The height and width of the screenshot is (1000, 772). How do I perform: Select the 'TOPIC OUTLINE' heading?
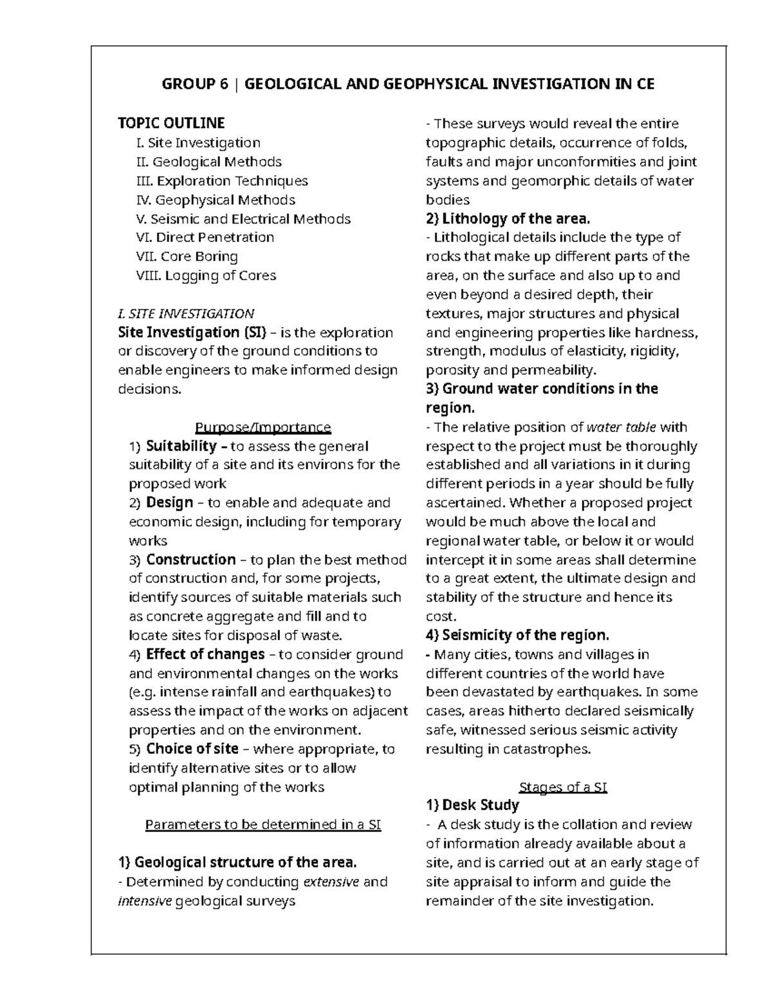tap(171, 123)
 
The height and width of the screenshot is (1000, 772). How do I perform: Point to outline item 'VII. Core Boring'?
tap(187, 256)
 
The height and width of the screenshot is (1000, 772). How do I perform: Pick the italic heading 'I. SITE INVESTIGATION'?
tap(186, 314)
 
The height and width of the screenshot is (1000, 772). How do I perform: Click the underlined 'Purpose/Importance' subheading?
tap(262, 427)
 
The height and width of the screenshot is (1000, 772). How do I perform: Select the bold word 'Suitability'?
tap(181, 446)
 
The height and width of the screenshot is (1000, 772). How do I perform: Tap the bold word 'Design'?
tap(169, 502)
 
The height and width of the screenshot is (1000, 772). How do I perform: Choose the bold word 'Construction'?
tap(190, 559)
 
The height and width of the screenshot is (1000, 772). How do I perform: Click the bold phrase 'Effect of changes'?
tap(205, 654)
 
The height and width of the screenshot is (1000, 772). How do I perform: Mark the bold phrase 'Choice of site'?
tap(192, 749)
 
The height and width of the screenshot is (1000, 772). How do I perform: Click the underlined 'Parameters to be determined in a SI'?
tap(263, 825)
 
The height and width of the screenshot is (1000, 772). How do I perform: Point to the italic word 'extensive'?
tap(331, 882)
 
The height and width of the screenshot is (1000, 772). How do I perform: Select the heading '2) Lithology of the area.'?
tap(508, 218)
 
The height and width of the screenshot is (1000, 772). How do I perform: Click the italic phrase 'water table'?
tap(621, 427)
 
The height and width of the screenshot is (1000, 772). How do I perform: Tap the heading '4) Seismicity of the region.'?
tap(517, 635)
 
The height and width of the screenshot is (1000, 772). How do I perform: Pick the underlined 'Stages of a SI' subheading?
tap(562, 787)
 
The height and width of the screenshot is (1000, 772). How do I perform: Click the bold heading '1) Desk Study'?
tap(472, 805)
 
